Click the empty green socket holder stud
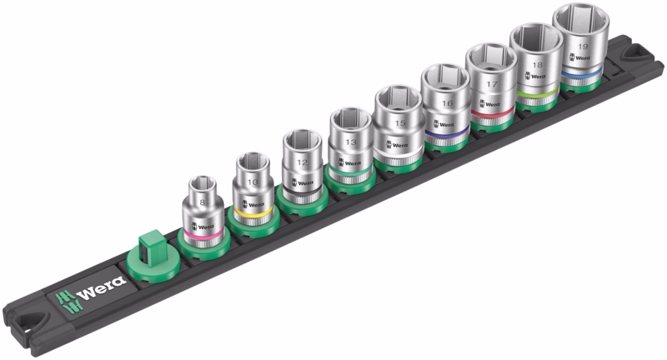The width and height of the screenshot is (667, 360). pyautogui.click(x=150, y=253)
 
